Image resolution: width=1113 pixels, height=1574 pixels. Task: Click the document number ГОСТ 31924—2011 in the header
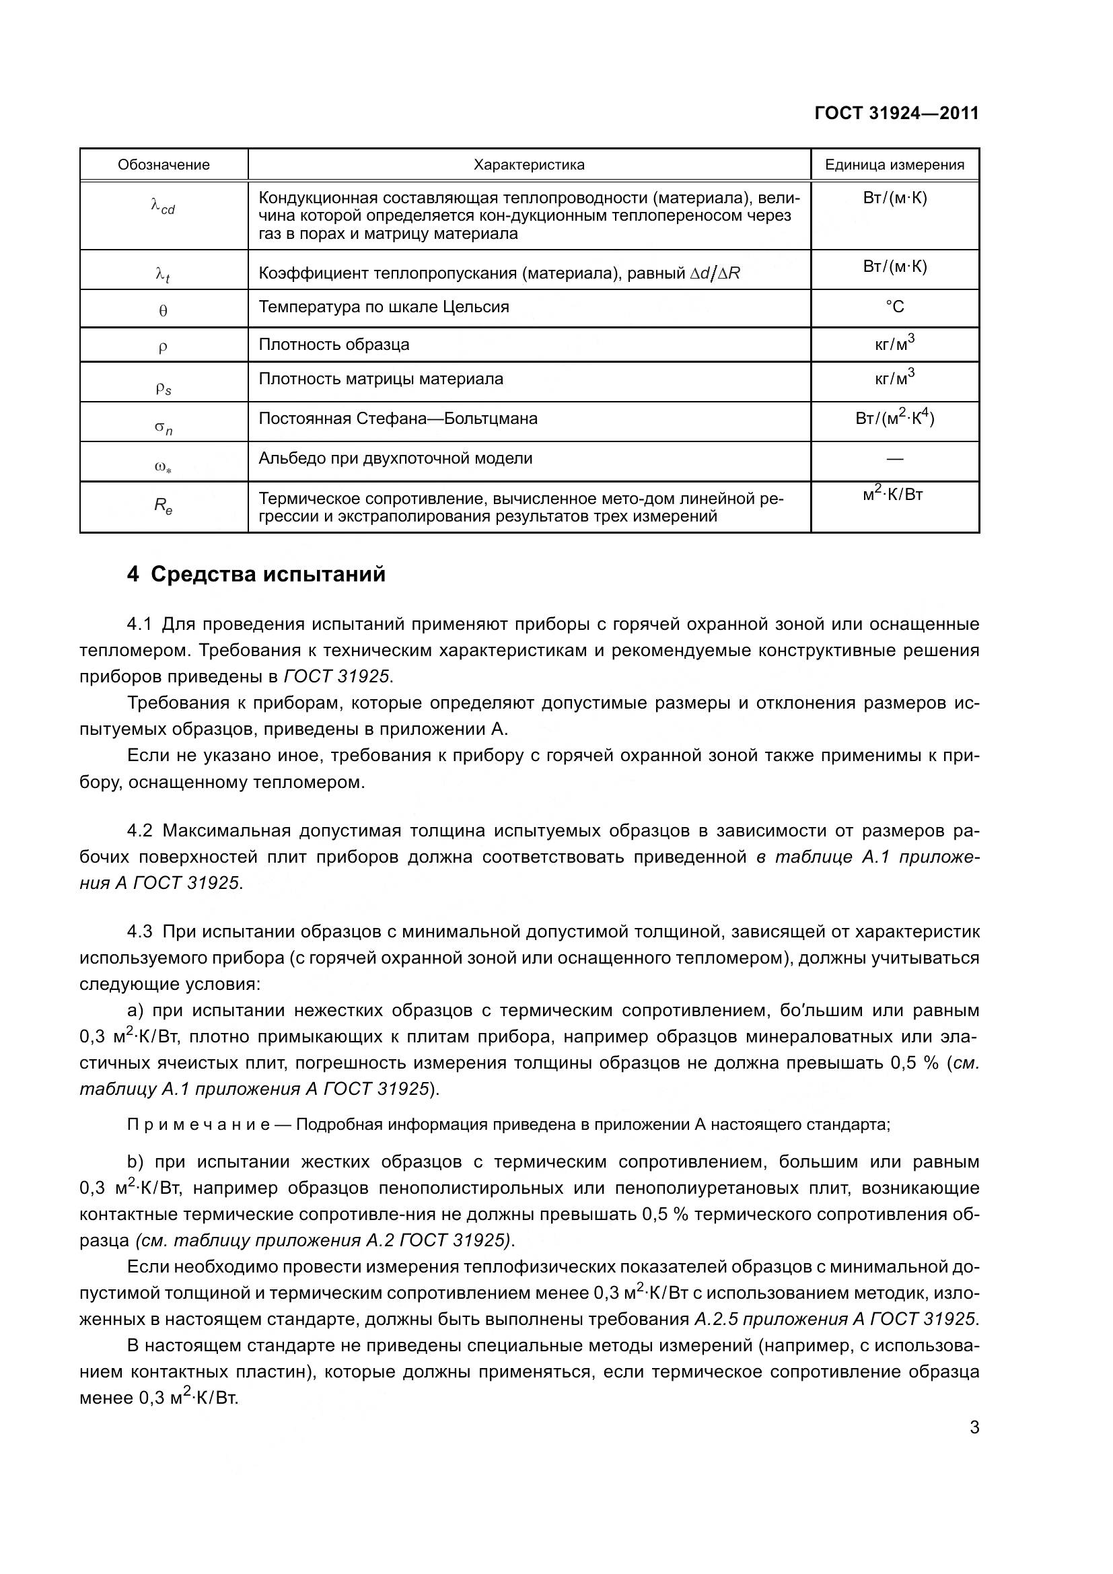(896, 113)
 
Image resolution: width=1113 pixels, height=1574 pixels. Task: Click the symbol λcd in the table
(163, 206)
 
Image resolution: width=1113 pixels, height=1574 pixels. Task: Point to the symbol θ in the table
(163, 310)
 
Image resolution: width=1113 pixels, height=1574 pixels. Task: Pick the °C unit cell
(894, 306)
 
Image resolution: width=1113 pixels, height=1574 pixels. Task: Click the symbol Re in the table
(163, 506)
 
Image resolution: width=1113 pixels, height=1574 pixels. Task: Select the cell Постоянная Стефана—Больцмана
(398, 418)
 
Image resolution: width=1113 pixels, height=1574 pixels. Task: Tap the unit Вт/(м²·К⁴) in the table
(894, 417)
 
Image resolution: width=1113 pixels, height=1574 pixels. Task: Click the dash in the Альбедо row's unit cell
(894, 458)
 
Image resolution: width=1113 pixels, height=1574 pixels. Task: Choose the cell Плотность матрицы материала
(380, 378)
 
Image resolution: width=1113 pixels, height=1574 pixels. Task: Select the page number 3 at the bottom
(974, 1428)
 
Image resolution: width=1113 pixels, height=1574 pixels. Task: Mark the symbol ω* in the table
(163, 468)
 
